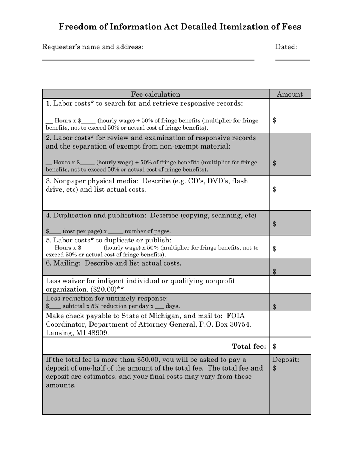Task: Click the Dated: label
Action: click(286, 47)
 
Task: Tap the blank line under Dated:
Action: click(292, 60)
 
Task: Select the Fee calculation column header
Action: click(156, 94)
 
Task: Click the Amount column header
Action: click(290, 94)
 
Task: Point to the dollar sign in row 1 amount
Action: click(275, 120)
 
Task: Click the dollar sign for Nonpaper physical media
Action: click(275, 189)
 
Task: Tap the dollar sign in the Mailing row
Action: click(275, 271)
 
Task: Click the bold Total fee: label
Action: click(249, 346)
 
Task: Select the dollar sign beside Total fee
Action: click(275, 346)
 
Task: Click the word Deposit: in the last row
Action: click(286, 360)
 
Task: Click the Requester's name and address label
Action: click(93, 47)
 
